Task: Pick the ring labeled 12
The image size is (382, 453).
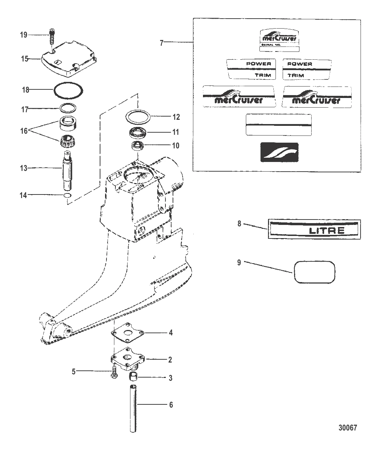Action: (138, 116)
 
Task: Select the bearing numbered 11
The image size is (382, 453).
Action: (139, 132)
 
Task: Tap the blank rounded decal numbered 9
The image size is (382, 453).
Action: (314, 271)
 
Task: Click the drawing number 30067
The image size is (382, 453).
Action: (348, 428)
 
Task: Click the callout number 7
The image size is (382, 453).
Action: (162, 43)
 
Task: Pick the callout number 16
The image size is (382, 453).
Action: (24, 131)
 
